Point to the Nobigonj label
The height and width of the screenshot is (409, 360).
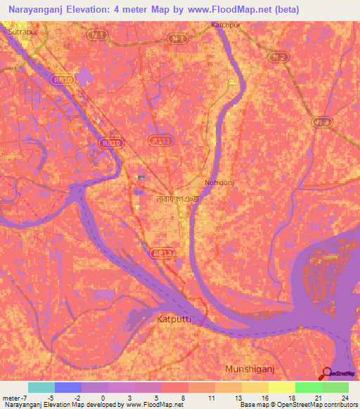tap(219, 181)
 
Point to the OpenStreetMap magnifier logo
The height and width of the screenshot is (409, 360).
tap(328, 373)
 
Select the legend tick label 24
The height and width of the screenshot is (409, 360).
tap(344, 398)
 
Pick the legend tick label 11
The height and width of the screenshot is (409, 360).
tap(210, 398)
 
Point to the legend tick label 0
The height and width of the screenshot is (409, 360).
tap(103, 398)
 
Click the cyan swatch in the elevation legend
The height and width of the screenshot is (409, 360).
tap(41, 387)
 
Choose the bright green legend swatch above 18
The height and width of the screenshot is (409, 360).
tap(309, 387)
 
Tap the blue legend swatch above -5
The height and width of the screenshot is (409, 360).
tap(68, 387)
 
